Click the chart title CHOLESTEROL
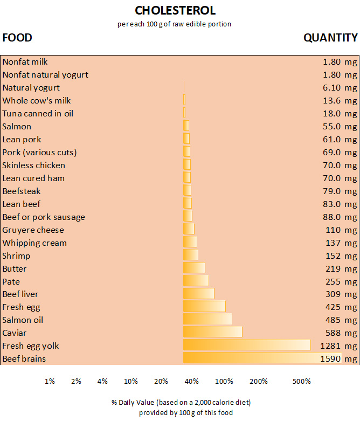coord(175,11)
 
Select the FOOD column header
coord(17,38)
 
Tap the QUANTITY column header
coord(330,38)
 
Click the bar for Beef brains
coord(262,358)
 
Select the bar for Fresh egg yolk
coord(247,346)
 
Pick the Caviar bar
coord(212,333)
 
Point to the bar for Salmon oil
coord(207,320)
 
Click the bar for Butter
coord(194,268)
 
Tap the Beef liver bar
coord(198,294)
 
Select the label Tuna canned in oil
coord(38,113)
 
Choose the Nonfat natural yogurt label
coord(45,74)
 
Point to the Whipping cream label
coord(34,243)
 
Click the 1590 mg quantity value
coord(338,358)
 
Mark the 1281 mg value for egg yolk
coord(338,346)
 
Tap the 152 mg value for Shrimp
coord(341,256)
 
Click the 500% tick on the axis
coord(301,382)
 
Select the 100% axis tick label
coord(224,382)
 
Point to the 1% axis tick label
coord(50,382)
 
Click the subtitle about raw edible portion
coord(174,24)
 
